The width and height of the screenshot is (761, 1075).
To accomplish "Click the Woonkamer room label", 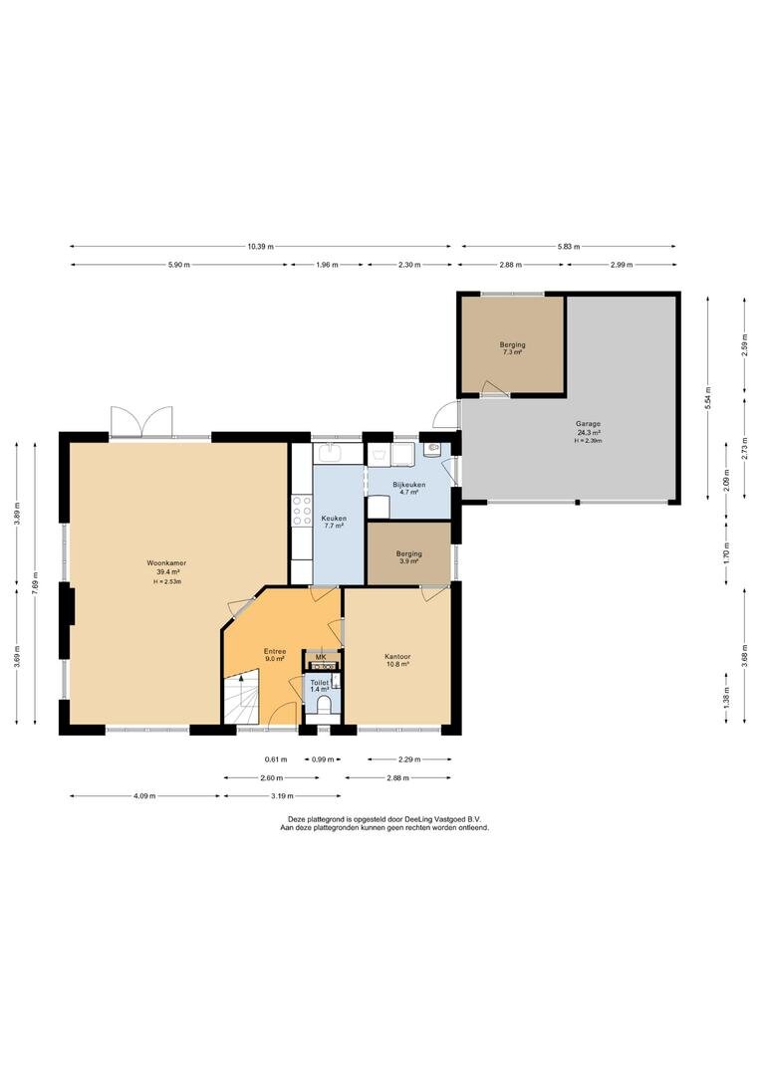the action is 167,562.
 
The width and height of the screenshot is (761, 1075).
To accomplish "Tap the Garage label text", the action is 589,424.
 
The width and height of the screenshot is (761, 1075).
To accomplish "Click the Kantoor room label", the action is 397,657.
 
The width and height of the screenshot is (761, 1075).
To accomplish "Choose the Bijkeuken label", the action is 409,485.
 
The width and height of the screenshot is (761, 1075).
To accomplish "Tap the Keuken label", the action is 334,519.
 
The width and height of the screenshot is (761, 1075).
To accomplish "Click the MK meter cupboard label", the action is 321,658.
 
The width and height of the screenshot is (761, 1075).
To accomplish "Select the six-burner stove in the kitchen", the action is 302,511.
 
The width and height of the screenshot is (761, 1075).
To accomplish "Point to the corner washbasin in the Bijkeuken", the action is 432,450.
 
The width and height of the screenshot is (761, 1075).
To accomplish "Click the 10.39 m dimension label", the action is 261,247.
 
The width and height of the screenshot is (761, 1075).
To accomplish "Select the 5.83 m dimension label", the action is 568,247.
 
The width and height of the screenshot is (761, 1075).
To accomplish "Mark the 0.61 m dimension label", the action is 276,759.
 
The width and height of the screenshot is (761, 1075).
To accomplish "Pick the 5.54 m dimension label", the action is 708,398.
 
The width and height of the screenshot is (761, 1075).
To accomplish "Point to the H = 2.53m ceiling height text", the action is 167,581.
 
